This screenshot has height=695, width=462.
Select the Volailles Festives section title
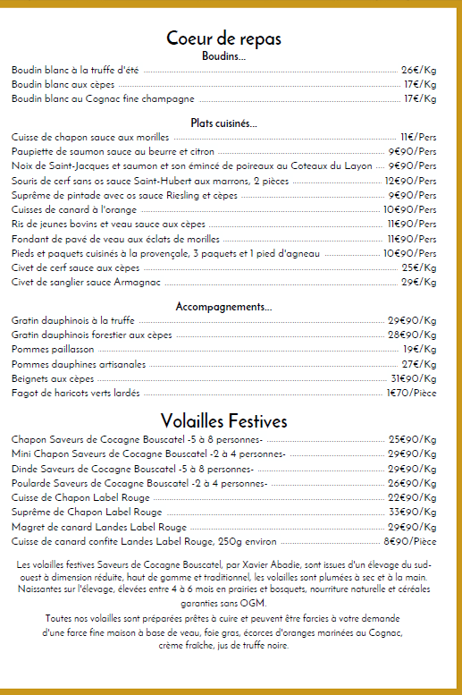pyautogui.click(x=223, y=420)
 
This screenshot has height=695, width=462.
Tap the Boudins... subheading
pyautogui.click(x=223, y=56)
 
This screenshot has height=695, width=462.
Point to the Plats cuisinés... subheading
pyautogui.click(x=223, y=123)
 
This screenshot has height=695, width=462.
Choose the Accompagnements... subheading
pyautogui.click(x=223, y=307)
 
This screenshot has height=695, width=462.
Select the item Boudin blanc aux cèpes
pyautogui.click(x=57, y=84)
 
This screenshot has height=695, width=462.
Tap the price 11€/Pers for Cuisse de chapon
pyautogui.click(x=417, y=137)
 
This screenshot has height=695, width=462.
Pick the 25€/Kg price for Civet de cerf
pyautogui.click(x=418, y=267)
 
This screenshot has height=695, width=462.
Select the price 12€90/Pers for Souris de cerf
pyautogui.click(x=410, y=181)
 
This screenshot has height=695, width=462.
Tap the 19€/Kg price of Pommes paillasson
pyautogui.click(x=418, y=349)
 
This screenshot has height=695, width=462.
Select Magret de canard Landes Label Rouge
pyautogui.click(x=99, y=527)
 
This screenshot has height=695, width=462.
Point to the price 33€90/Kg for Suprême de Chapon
pyautogui.click(x=411, y=513)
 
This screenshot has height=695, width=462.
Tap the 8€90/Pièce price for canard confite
pyautogui.click(x=409, y=541)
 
